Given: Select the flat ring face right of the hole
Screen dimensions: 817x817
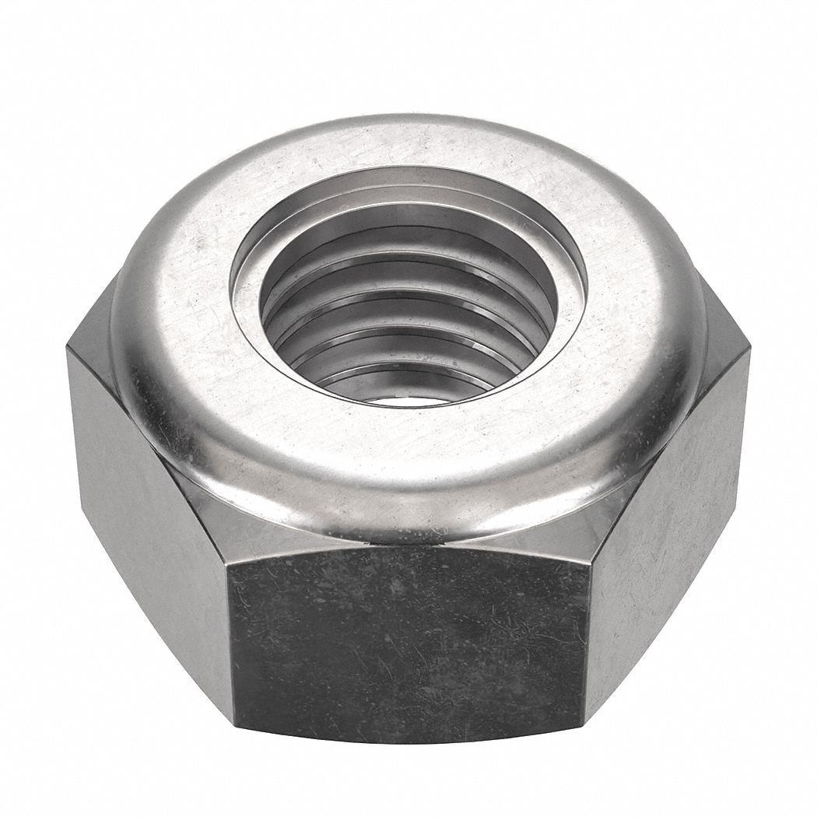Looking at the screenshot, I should coord(622,311).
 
